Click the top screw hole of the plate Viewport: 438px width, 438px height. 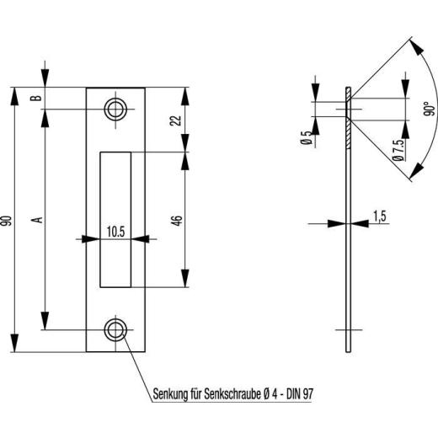click(x=115, y=108)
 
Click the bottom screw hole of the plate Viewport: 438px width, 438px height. click(x=115, y=329)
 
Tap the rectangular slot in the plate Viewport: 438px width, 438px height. click(x=115, y=218)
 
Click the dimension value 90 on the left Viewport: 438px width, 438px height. click(x=8, y=221)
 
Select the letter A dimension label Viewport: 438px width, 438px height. click(x=36, y=221)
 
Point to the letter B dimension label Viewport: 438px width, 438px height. click(x=36, y=98)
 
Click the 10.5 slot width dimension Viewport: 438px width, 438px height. click(x=115, y=230)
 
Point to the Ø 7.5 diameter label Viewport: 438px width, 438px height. click(x=397, y=152)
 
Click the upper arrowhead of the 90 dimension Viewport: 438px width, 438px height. click(x=14, y=92)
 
